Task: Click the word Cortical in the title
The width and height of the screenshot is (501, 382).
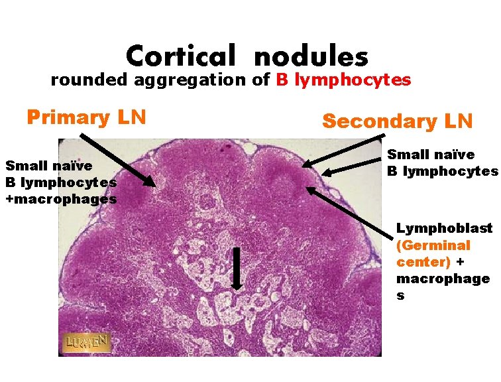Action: [181, 56]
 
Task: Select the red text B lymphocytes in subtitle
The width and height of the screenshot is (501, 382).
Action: [343, 80]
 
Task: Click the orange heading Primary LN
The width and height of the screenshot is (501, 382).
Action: [86, 117]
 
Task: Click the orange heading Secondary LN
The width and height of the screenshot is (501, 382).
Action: [397, 121]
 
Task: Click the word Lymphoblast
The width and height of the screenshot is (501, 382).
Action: [444, 228]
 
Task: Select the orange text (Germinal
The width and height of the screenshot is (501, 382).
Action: [433, 245]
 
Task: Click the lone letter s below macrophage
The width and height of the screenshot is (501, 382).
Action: [400, 296]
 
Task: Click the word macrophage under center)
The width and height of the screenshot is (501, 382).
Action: [443, 279]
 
